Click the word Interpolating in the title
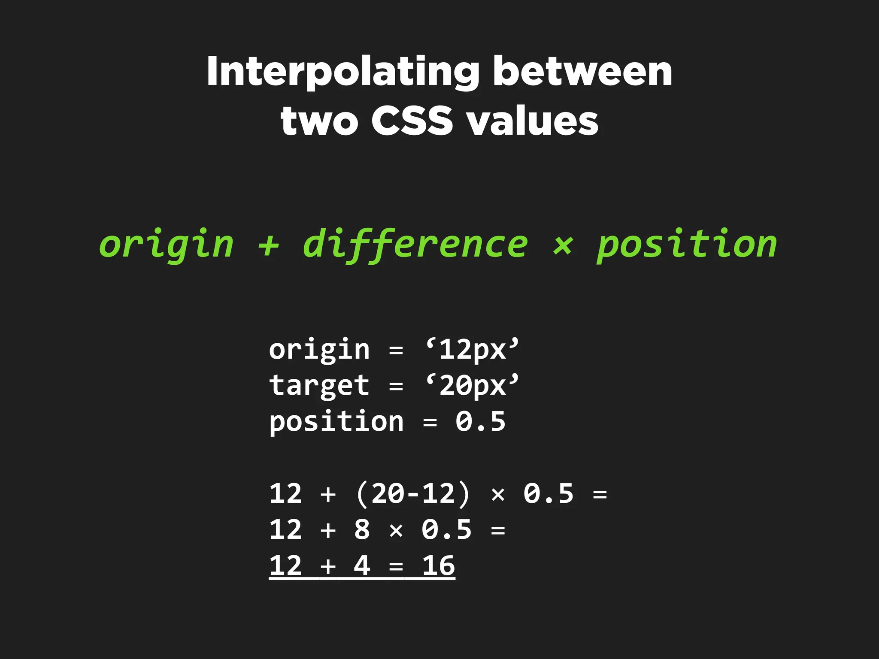343,72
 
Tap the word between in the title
582,71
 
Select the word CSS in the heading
412,121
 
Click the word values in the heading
533,121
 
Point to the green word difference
415,245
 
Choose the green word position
687,245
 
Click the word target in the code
319,385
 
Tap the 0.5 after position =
480,421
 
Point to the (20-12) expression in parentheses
413,493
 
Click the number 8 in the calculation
362,529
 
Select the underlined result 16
438,565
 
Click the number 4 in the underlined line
362,565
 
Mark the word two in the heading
319,121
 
